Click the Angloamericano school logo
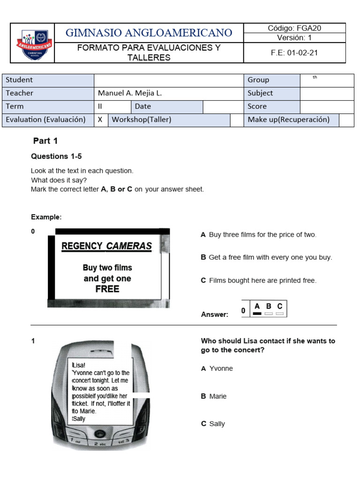click(33, 43)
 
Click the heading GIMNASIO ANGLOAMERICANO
click(149, 33)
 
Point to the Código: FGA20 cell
click(294, 28)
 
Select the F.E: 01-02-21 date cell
click(294, 52)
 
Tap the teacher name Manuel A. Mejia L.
click(130, 93)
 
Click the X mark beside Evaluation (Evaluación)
click(100, 120)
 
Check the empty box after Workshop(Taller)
click(236, 120)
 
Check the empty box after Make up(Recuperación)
click(346, 120)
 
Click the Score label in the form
click(257, 106)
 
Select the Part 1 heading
click(45, 141)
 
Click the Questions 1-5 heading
click(56, 157)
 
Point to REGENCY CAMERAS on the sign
click(106, 246)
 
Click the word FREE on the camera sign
click(107, 289)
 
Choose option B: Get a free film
click(266, 257)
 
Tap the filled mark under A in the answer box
click(257, 314)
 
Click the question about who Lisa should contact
click(268, 345)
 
